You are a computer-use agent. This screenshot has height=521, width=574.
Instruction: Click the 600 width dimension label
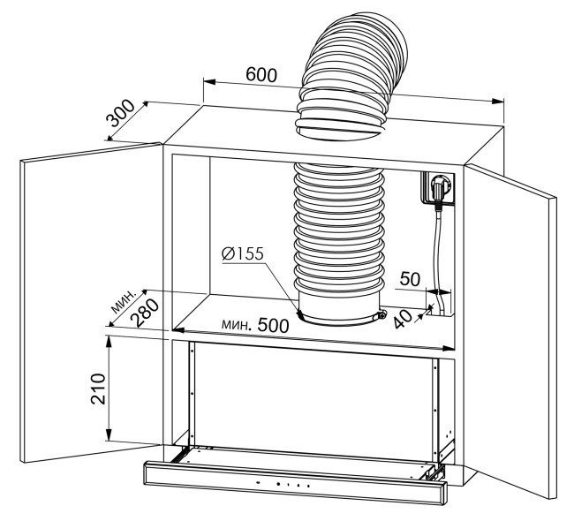(261, 75)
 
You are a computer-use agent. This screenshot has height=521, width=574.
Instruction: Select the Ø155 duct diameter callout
(242, 253)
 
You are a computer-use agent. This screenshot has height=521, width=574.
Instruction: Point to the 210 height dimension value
(98, 389)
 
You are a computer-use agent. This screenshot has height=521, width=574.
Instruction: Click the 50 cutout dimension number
(410, 279)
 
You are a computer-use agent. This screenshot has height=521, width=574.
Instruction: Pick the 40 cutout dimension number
(404, 319)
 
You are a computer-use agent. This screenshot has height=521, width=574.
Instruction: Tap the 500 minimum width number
(274, 325)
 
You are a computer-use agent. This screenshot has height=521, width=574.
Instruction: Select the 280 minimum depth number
(146, 313)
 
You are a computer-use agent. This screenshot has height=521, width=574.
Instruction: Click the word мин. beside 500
(237, 324)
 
